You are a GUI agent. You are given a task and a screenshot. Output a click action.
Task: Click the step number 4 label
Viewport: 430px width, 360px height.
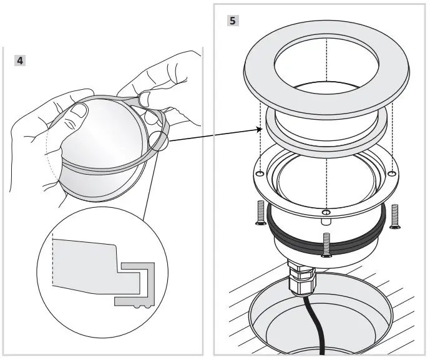21,61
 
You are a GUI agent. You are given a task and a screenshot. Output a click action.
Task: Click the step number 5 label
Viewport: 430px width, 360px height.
232,21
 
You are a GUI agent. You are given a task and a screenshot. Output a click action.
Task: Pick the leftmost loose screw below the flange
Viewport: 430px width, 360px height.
258,214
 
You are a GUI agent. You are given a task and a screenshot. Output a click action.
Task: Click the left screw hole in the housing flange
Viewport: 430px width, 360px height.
260,173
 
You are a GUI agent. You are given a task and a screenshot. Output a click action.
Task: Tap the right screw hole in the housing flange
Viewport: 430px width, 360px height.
391,173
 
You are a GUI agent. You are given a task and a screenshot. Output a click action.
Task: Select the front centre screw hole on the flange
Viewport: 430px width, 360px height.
325,213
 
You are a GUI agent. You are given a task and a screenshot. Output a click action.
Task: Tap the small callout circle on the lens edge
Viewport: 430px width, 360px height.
159,140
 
